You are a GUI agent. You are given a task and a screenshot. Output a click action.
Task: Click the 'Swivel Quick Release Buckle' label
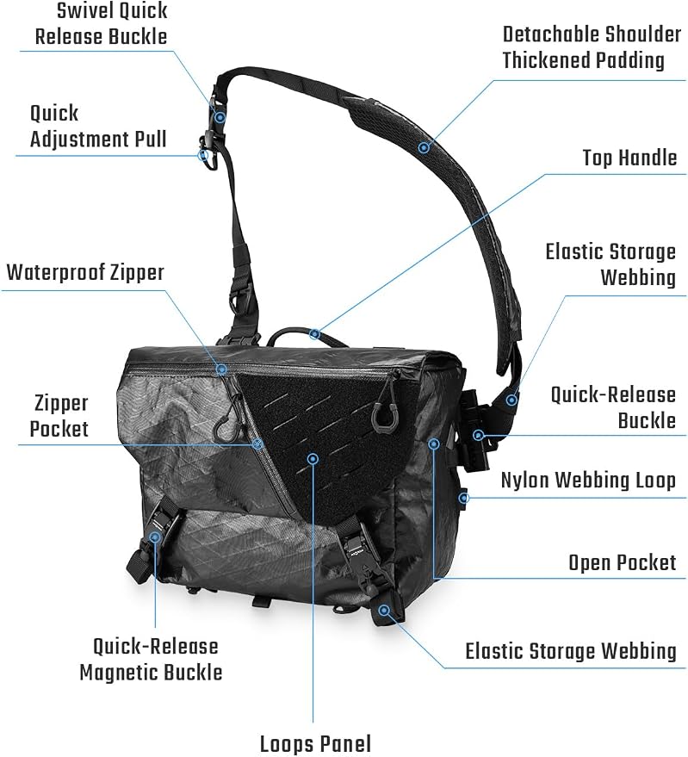pos(102,23)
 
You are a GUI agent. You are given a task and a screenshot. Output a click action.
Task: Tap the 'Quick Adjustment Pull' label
pos(98,126)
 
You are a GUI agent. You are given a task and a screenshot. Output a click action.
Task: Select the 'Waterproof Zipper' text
pos(85,272)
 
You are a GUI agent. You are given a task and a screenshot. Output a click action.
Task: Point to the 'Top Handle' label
pos(629,158)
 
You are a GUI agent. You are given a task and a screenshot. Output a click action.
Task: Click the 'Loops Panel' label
pos(315,744)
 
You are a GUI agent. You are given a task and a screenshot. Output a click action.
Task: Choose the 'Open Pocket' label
pos(623,563)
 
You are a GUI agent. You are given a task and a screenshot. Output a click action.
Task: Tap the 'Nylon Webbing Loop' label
pos(588,481)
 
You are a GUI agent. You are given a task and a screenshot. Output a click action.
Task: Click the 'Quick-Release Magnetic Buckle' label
pos(151,660)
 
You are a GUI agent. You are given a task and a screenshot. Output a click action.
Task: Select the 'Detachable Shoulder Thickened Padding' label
pos(592,47)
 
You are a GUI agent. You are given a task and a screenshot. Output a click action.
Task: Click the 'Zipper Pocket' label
pos(59,416)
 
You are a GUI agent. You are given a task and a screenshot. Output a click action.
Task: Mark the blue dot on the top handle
pos(315,333)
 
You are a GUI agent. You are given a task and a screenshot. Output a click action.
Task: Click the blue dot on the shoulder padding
pos(424,146)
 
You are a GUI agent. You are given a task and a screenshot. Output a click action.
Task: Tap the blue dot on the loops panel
pos(313,459)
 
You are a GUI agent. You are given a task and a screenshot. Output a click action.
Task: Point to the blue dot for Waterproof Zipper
pos(221,369)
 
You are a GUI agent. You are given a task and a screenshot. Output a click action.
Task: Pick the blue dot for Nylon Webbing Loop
pos(463,497)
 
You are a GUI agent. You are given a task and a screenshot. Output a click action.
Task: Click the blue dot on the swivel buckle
pos(220,117)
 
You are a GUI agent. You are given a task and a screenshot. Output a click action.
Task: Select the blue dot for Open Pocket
pos(434,444)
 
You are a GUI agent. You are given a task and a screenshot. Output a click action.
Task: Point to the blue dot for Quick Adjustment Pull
pos(203,155)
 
